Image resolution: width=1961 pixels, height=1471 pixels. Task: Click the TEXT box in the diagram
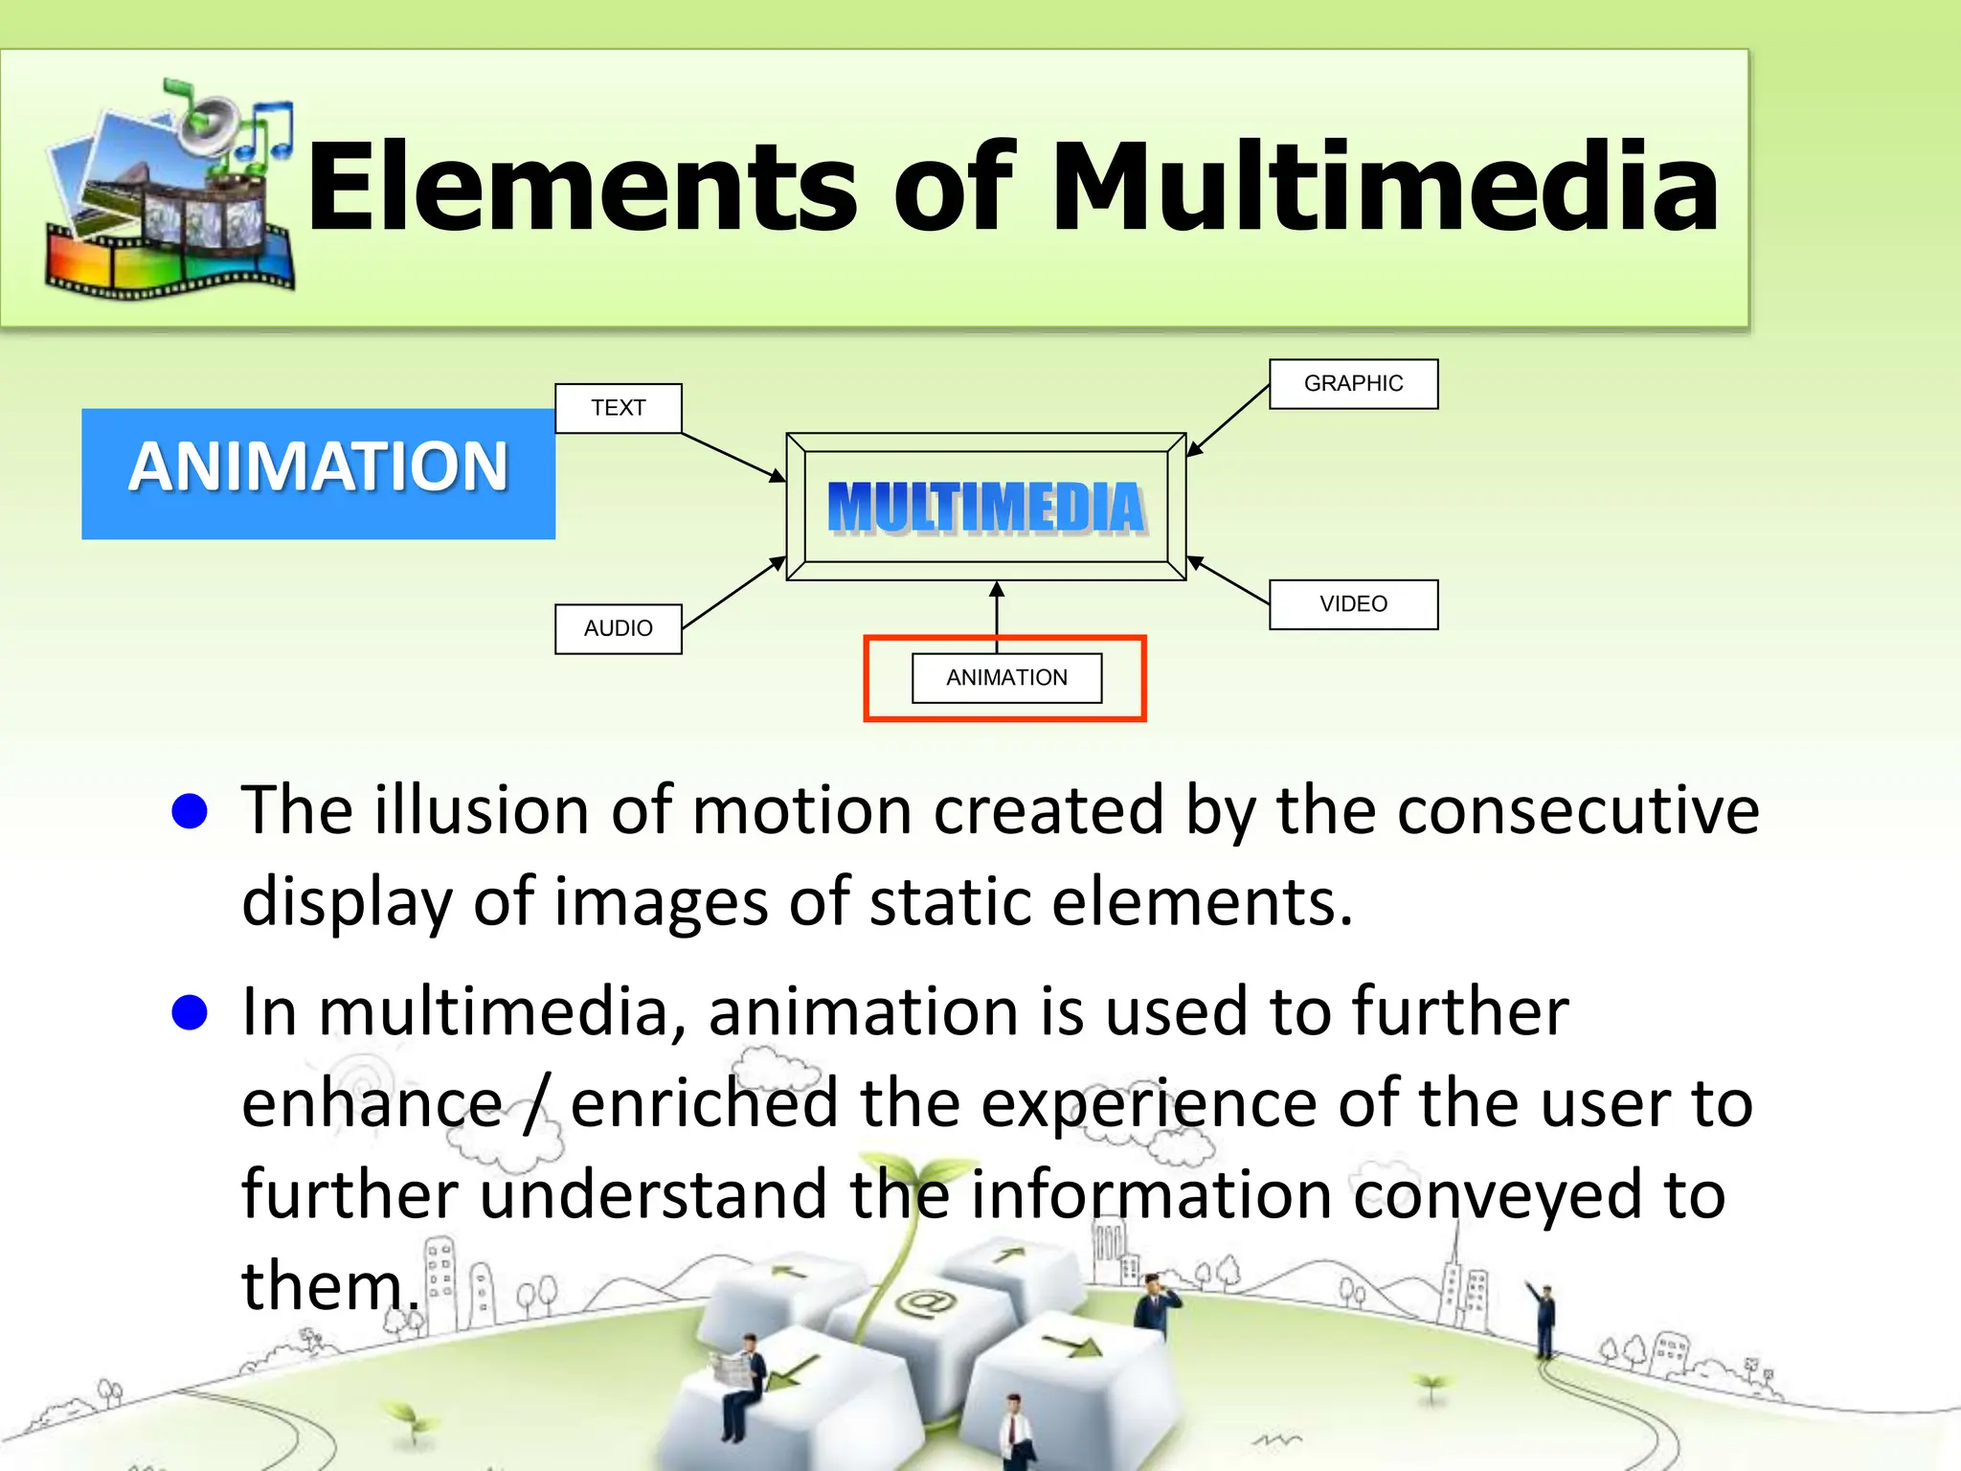pyautogui.click(x=619, y=409)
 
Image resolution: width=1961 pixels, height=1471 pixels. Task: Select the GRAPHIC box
pyautogui.click(x=1353, y=384)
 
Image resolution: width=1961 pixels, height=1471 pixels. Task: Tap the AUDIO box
pyautogui.click(x=619, y=629)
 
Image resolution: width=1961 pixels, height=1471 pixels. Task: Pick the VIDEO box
pyautogui.click(x=1353, y=604)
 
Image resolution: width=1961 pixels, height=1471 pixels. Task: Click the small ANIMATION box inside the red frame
pyautogui.click(x=1006, y=678)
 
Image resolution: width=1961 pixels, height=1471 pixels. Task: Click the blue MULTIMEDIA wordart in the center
pyautogui.click(x=986, y=507)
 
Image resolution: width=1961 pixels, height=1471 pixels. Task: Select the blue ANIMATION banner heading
pyautogui.click(x=318, y=468)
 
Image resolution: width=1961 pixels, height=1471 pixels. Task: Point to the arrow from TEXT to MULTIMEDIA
pyautogui.click(x=733, y=457)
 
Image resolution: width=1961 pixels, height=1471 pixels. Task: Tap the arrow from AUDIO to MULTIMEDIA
pyautogui.click(x=733, y=594)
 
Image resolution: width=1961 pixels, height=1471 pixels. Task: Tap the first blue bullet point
pyautogui.click(x=190, y=811)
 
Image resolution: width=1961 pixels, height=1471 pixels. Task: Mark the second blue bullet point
pyautogui.click(x=190, y=1012)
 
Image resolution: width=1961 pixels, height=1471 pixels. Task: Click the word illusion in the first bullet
pyautogui.click(x=481, y=811)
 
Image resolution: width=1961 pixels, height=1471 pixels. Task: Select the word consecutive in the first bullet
pyautogui.click(x=1577, y=811)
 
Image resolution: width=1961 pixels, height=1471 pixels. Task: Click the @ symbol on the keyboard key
pyautogui.click(x=924, y=1302)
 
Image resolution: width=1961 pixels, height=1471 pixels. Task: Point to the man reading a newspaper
pyautogui.click(x=740, y=1379)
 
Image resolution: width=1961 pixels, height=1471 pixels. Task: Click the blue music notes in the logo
pyautogui.click(x=263, y=129)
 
